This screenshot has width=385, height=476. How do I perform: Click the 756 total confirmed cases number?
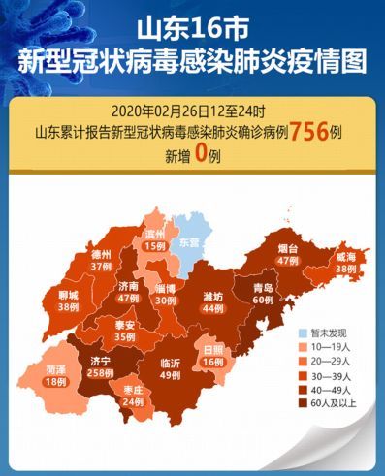click(306, 131)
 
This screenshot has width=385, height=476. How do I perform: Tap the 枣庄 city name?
click(133, 390)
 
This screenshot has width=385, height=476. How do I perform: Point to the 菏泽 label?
click(56, 369)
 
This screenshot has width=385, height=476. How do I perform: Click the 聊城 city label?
click(67, 295)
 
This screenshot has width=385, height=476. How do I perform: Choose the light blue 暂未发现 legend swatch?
click(303, 332)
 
